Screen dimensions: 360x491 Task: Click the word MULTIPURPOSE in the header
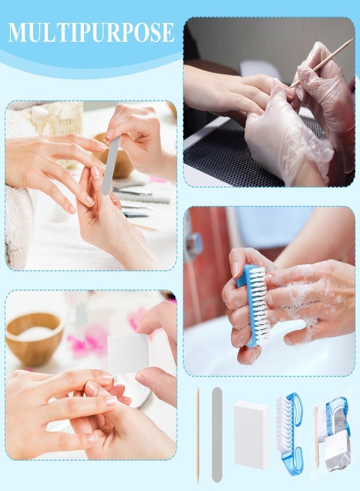click(91, 32)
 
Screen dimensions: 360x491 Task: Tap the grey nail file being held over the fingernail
click(111, 165)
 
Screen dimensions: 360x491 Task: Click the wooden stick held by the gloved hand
click(321, 63)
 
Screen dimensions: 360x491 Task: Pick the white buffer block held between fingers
click(128, 353)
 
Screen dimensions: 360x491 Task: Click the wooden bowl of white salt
click(34, 338)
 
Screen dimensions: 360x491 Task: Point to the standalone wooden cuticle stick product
click(198, 435)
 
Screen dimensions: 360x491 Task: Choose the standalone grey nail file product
click(217, 435)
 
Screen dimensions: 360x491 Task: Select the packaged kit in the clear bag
click(332, 435)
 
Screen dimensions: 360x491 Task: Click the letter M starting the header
click(16, 32)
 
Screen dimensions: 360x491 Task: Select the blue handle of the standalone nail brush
click(293, 435)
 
